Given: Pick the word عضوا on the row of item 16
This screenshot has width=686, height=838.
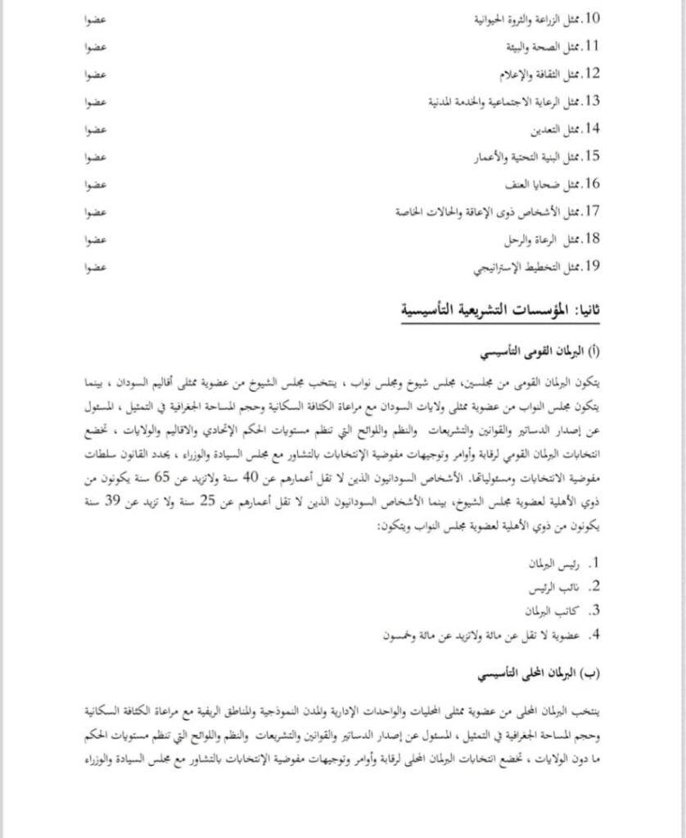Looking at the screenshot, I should (x=97, y=184).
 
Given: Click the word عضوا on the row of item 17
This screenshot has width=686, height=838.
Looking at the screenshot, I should (x=97, y=212).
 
